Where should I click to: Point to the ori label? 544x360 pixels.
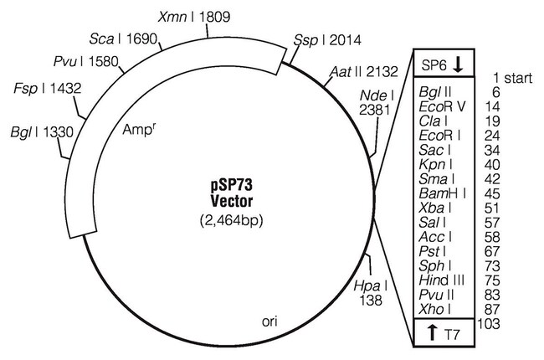pyautogui.click(x=269, y=321)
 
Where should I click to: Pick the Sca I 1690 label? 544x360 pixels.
pyautogui.click(x=126, y=39)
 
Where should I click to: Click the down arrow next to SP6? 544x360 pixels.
pyautogui.click(x=459, y=64)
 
